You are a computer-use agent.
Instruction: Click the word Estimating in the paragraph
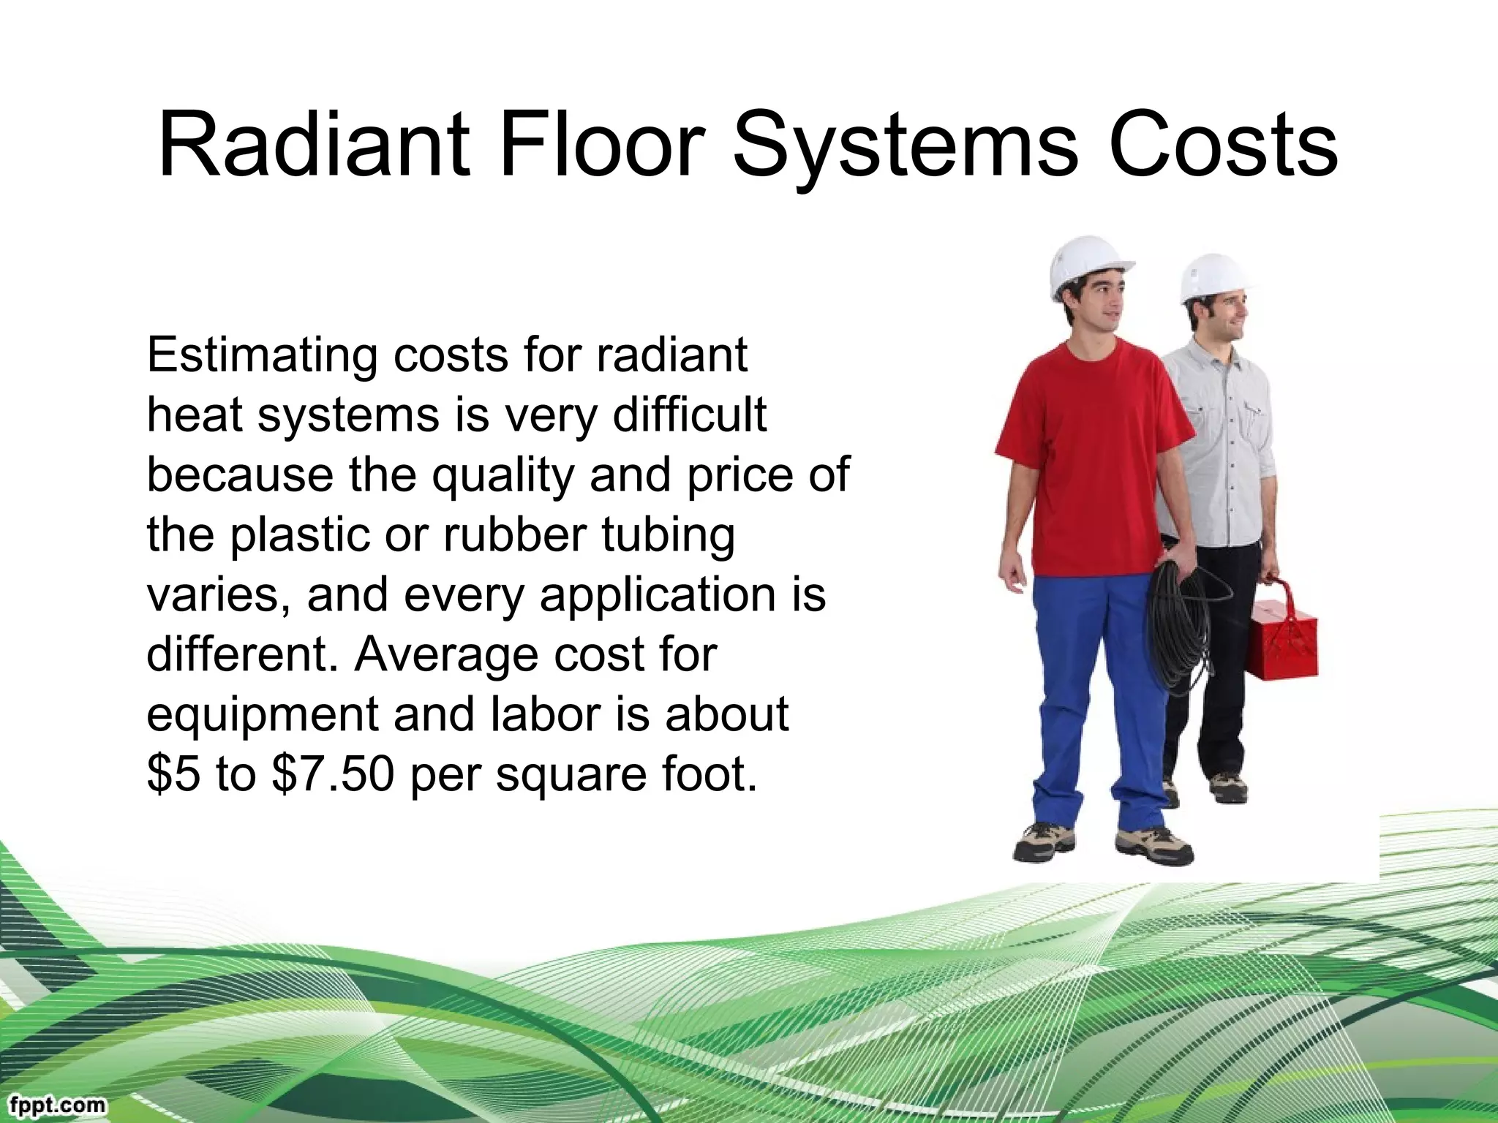pyautogui.click(x=260, y=357)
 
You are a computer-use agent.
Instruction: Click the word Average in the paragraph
pyautogui.click(x=447, y=654)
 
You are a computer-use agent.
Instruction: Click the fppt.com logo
pyautogui.click(x=54, y=1105)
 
